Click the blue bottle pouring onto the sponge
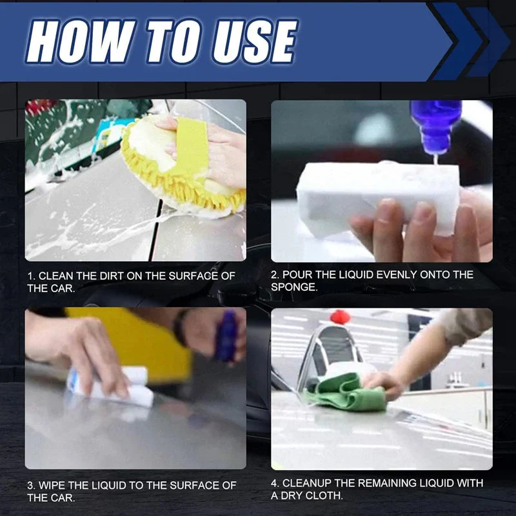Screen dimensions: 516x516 pos(435,126)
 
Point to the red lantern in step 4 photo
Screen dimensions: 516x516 pos(340,317)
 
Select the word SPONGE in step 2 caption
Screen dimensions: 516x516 pos(294,287)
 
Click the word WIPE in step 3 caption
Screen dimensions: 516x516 pos(54,485)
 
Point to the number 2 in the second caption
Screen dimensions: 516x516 pos(273,275)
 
